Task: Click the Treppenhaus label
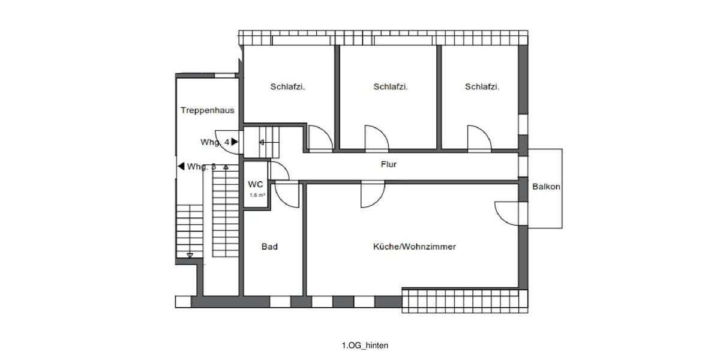pos(208,110)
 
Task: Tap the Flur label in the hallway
pos(389,164)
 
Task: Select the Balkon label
pos(546,187)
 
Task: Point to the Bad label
pos(269,247)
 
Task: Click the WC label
pos(256,185)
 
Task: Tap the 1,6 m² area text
pos(257,195)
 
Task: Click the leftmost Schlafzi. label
pos(288,86)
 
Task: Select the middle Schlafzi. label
pos(391,86)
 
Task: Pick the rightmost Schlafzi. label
pos(482,86)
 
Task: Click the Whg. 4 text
pos(214,142)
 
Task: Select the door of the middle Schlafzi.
pos(376,137)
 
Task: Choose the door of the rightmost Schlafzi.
pos(479,137)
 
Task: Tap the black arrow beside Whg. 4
pos(235,142)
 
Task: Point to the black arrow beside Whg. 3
pos(181,167)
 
